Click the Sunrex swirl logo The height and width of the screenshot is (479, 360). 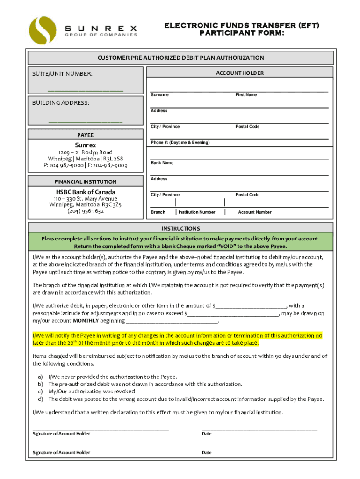point(42,30)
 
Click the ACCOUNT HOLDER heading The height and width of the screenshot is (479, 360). point(246,73)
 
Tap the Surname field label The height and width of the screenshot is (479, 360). point(159,95)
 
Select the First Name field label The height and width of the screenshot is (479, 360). point(246,95)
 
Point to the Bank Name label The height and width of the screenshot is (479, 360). point(162,163)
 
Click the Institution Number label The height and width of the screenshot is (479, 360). point(197,212)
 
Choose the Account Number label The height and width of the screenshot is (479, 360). point(254,212)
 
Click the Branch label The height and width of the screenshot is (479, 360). point(158,212)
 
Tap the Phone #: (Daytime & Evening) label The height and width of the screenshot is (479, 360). point(180,142)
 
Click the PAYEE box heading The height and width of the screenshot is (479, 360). point(86,135)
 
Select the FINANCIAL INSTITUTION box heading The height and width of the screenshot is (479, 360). point(86,181)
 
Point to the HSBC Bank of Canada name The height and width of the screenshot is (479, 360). point(86,192)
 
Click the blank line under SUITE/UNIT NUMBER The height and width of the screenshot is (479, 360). point(85,89)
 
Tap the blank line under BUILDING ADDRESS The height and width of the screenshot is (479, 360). point(85,121)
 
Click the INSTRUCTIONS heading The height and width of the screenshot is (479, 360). point(180,229)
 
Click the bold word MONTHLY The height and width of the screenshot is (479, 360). point(86,321)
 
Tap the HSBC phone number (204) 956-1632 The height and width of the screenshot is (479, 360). point(86,211)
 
